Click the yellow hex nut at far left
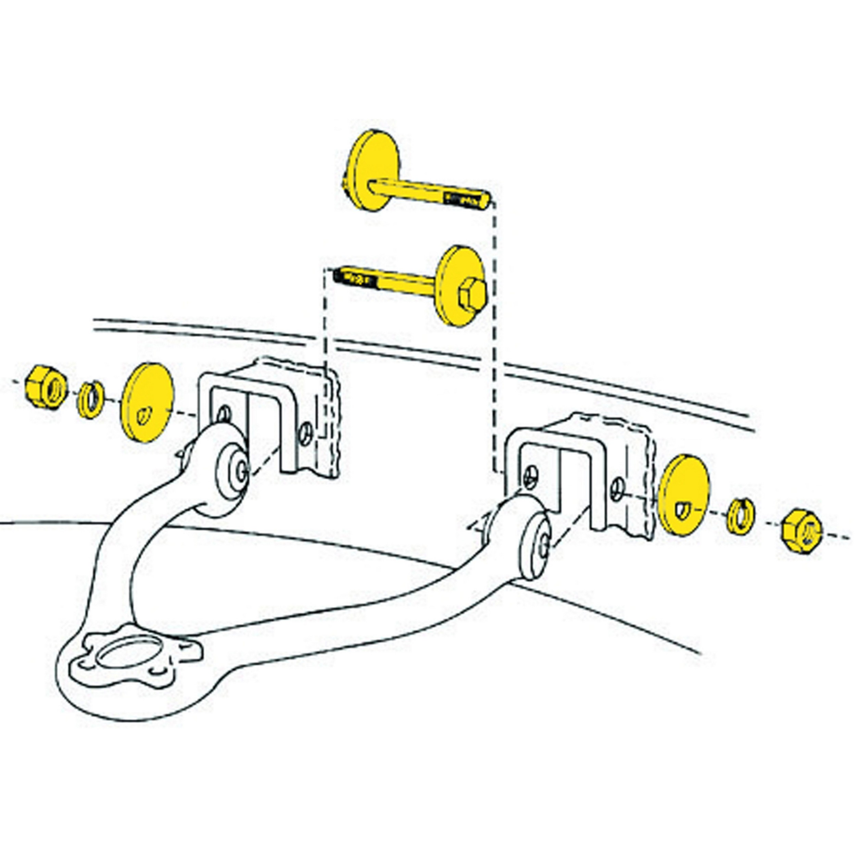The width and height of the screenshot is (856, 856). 46,387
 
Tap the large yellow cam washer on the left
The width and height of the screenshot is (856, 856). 148,402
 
